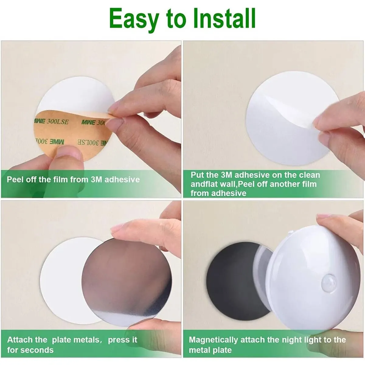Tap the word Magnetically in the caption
(x=213, y=340)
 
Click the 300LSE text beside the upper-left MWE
(x=57, y=122)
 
